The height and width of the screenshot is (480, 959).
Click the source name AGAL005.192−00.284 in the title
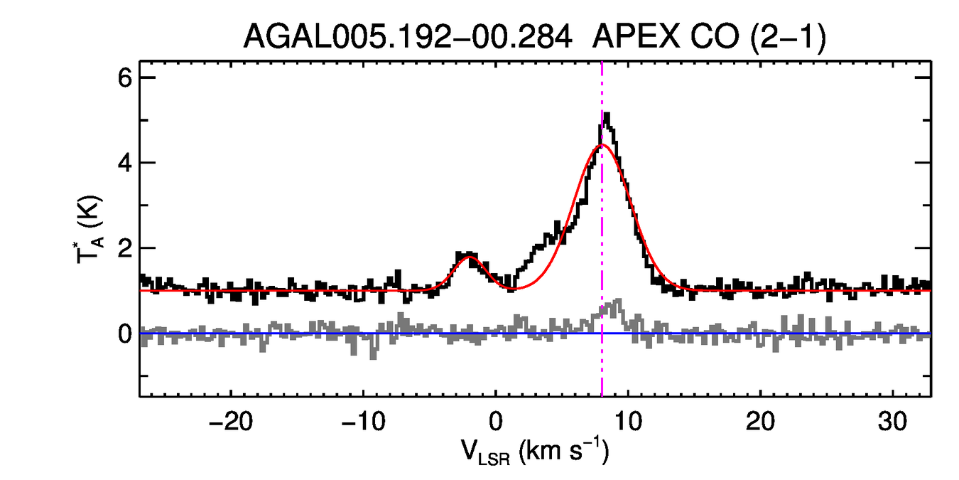(408, 37)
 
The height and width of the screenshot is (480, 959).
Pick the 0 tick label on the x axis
(495, 420)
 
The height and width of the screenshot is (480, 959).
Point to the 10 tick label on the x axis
(628, 420)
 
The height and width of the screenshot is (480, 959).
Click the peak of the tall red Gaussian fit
(602, 145)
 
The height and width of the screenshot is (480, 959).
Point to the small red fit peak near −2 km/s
(468, 257)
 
